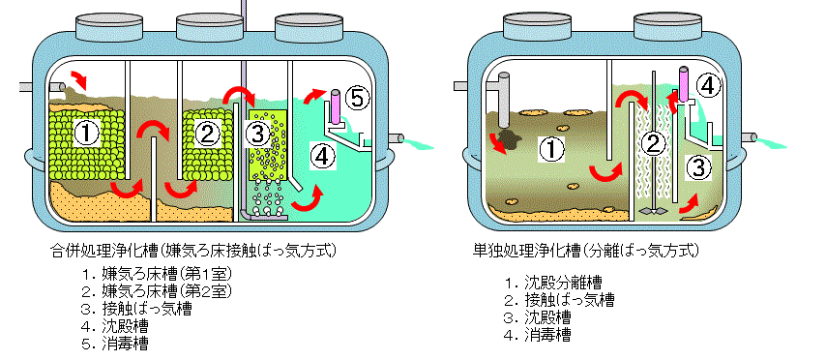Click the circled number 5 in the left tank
(x=357, y=99)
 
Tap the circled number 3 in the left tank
(x=258, y=135)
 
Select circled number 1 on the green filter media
(x=86, y=135)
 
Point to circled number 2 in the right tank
(x=653, y=143)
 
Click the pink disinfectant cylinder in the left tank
(x=336, y=105)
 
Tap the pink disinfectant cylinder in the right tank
(x=684, y=83)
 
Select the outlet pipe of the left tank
(x=396, y=139)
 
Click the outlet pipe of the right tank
(x=749, y=137)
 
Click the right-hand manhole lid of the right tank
(x=667, y=26)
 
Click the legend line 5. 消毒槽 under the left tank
(x=115, y=344)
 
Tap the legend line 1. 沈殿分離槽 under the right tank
(x=553, y=283)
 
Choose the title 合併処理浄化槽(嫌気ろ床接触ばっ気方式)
(x=193, y=250)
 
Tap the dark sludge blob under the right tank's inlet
(x=509, y=139)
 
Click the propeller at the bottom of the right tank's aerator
(x=653, y=210)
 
